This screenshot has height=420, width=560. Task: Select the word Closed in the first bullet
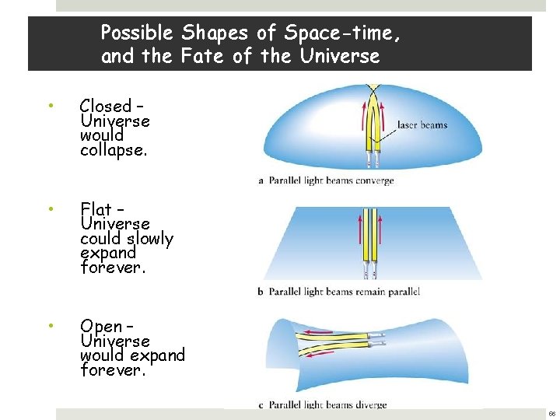coord(105,106)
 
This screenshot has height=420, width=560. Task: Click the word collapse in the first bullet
coord(113,150)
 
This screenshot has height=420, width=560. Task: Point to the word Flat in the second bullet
coord(96,210)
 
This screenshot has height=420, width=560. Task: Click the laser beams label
coord(422,124)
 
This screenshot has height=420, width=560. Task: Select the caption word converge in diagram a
coord(375,181)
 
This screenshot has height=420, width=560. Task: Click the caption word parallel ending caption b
coord(402,292)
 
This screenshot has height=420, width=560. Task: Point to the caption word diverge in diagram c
coord(369,404)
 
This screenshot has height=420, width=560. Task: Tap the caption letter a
coord(261,181)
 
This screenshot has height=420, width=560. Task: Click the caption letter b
coord(261,292)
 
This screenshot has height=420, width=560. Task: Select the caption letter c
coord(261,404)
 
